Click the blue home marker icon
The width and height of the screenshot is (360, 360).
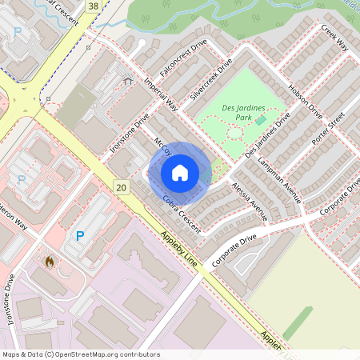tap(179, 172)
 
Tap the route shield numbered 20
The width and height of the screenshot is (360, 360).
tap(121, 187)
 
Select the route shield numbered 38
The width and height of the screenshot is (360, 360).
tap(94, 6)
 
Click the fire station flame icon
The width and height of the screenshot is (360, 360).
tap(50, 261)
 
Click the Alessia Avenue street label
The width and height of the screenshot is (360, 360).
tap(249, 200)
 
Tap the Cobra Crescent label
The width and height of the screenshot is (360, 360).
tap(181, 209)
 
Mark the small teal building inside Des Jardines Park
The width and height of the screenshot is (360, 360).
tap(261, 120)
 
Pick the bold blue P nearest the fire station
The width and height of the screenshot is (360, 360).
tap(79, 236)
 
